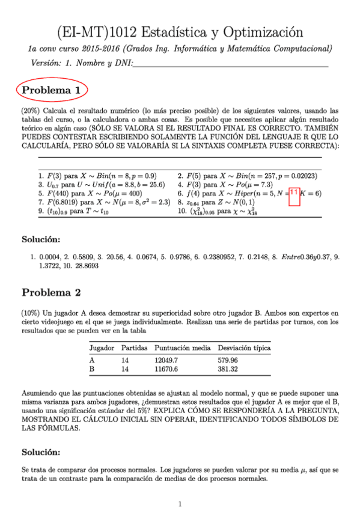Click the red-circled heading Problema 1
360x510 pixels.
click(x=51, y=90)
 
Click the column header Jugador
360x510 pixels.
click(x=102, y=348)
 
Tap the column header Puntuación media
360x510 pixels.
click(x=182, y=348)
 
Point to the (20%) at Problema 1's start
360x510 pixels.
click(x=30, y=111)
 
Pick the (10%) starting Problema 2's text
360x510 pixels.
click(x=30, y=313)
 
